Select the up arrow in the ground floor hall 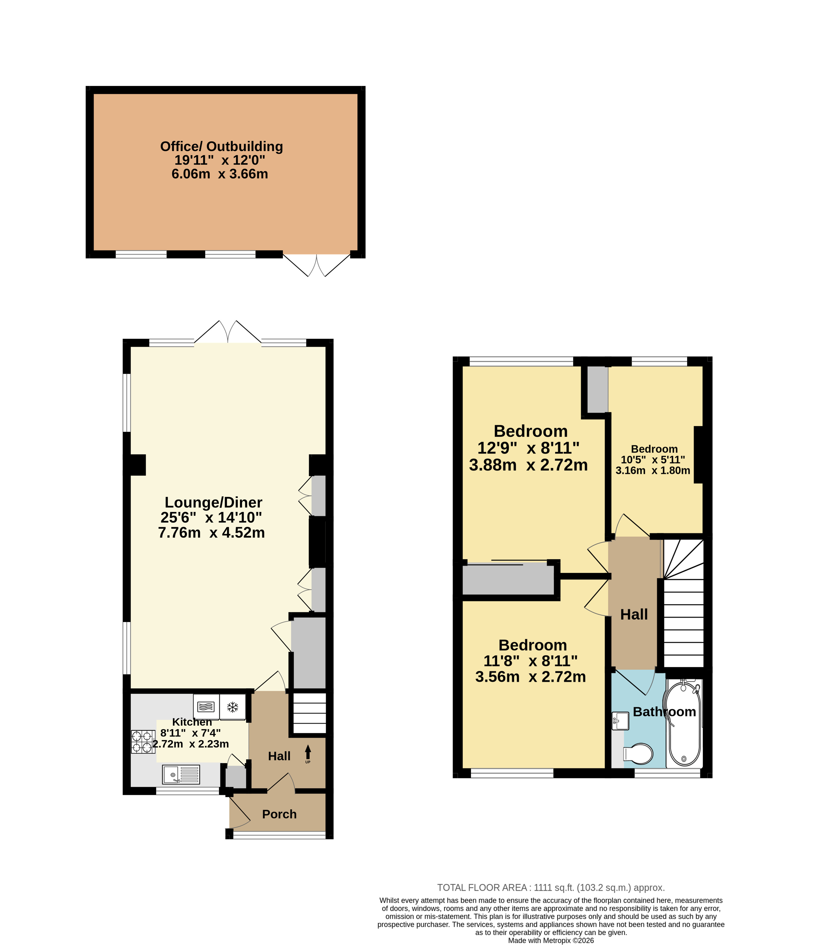coord(308,753)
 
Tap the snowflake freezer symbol coord(233,707)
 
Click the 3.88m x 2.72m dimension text coord(528,465)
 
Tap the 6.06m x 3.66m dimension coord(220,174)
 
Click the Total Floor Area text coord(551,888)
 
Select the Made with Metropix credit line coord(551,941)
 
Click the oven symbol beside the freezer coord(206,707)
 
